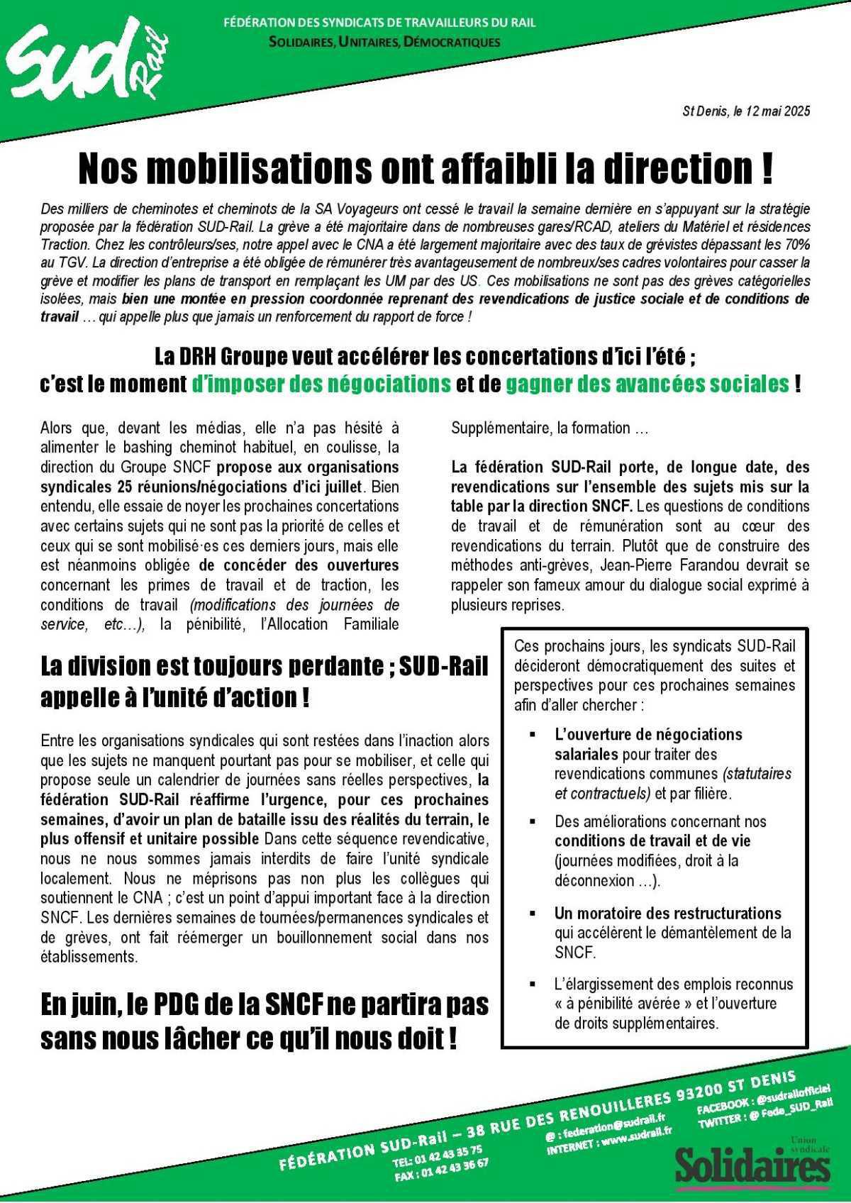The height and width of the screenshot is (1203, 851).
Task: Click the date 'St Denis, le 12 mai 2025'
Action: (x=745, y=111)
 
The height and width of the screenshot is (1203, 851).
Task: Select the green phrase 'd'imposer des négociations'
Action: (x=321, y=384)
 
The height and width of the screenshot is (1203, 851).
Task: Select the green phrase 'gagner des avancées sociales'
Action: (x=647, y=384)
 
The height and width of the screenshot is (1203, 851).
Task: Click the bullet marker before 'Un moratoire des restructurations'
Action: (x=533, y=913)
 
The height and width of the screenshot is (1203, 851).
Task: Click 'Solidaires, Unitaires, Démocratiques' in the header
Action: (x=384, y=42)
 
